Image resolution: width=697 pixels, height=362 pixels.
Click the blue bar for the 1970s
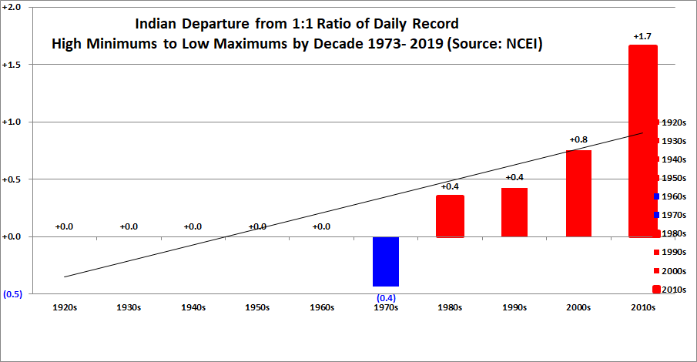(x=386, y=262)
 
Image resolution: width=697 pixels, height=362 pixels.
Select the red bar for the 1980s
(x=450, y=216)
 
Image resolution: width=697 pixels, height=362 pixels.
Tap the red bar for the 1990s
(x=514, y=213)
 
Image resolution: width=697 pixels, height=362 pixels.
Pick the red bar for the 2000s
(x=578, y=193)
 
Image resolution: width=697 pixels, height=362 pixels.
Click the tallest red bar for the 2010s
(x=643, y=142)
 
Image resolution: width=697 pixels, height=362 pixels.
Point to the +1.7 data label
(x=642, y=36)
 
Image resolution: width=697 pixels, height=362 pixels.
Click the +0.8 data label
(x=578, y=139)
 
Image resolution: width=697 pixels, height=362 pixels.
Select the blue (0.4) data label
(x=386, y=298)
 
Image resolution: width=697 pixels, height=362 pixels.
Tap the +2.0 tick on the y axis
(x=12, y=8)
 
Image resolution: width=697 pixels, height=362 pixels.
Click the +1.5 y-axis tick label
(x=12, y=65)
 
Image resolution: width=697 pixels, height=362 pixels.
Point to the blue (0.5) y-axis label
(x=12, y=294)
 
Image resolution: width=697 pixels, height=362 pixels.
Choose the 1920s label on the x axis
(x=65, y=308)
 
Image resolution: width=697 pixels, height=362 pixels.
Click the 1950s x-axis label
(x=257, y=308)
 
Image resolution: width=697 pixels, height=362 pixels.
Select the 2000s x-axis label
(x=578, y=308)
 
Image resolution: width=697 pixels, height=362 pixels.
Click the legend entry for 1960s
(x=670, y=196)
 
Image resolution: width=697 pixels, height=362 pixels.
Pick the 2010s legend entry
(x=669, y=290)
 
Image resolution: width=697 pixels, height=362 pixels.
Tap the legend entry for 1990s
(x=670, y=252)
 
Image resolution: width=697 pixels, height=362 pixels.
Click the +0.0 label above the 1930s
(x=129, y=226)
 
